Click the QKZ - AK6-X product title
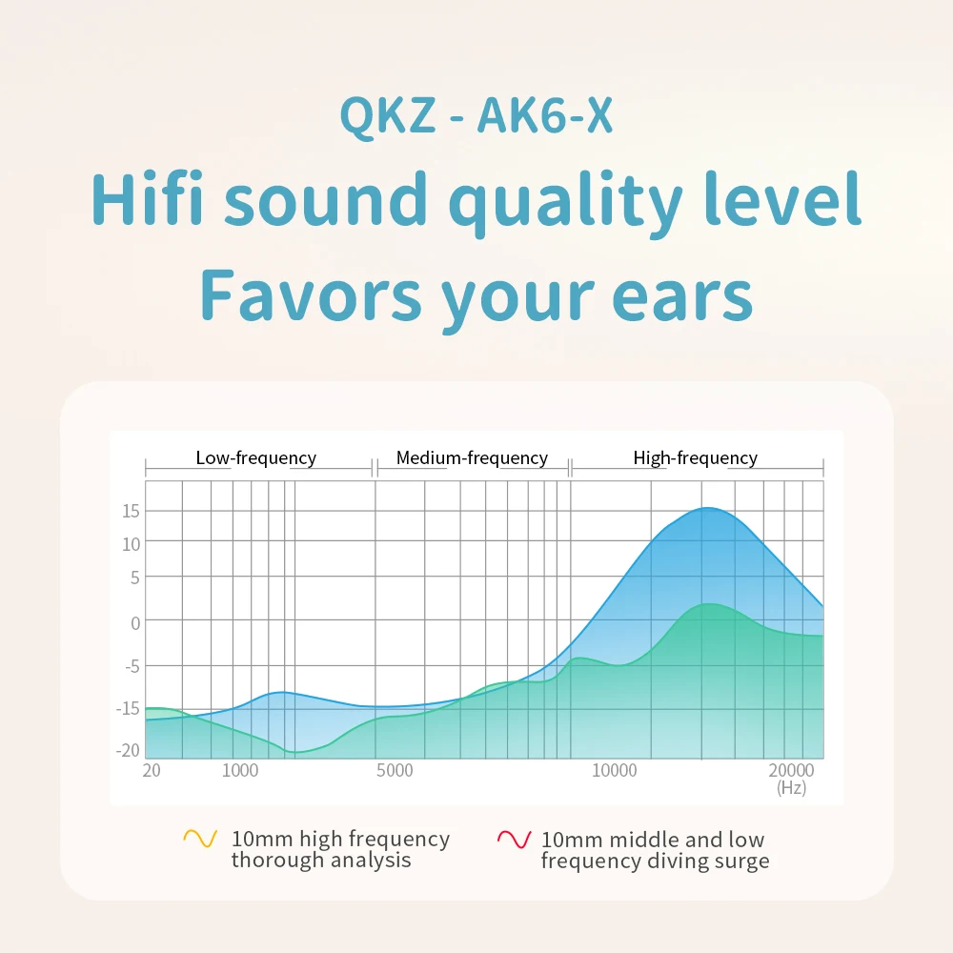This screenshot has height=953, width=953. pyautogui.click(x=476, y=115)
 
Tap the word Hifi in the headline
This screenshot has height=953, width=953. pyautogui.click(x=147, y=199)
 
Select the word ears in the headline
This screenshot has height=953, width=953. pyautogui.click(x=682, y=296)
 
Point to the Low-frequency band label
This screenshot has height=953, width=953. pyautogui.click(x=255, y=457)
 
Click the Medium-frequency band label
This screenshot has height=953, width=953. pyautogui.click(x=473, y=457)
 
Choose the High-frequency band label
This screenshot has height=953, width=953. pyautogui.click(x=696, y=457)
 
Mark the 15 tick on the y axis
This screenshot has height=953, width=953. pyautogui.click(x=131, y=511)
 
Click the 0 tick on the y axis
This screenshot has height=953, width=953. pyautogui.click(x=135, y=623)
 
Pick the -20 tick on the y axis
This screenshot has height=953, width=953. pyautogui.click(x=128, y=750)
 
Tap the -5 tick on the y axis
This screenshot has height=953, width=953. pyautogui.click(x=132, y=667)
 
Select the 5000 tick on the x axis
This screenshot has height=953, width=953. pyautogui.click(x=395, y=770)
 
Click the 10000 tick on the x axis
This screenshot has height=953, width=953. pyautogui.click(x=615, y=770)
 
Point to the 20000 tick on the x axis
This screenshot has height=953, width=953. pyautogui.click(x=791, y=770)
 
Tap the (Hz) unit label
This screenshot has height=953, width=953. pyautogui.click(x=791, y=788)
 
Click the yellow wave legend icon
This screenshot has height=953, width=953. pyautogui.click(x=200, y=839)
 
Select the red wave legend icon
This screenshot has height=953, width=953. pyautogui.click(x=515, y=839)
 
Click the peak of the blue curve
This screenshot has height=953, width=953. pyautogui.click(x=707, y=508)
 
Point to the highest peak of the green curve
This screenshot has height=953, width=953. pyautogui.click(x=709, y=603)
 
